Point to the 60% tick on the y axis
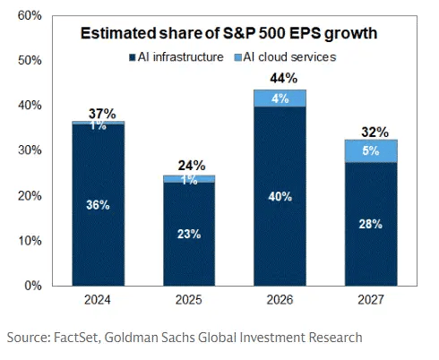pos(29,16)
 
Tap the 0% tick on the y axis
pos(32,287)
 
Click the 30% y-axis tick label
pos(29,151)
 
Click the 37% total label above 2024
pos(99,113)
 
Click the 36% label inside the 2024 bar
pos(99,205)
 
